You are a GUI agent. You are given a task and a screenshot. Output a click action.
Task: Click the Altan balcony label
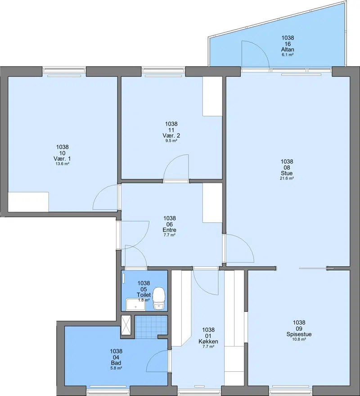[x=288, y=49]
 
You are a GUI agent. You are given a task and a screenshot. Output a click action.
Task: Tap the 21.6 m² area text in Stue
[x=287, y=178]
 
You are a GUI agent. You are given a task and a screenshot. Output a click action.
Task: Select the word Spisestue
[x=299, y=334]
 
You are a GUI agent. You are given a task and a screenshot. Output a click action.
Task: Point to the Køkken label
[x=208, y=342]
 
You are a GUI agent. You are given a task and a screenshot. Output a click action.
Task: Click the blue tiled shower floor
[x=151, y=327]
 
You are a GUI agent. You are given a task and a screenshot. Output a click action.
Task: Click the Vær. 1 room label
[x=62, y=158]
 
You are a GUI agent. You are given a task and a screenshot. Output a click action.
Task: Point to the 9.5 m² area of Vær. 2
[x=171, y=141]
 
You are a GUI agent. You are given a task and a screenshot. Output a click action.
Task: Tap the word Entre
[x=170, y=230]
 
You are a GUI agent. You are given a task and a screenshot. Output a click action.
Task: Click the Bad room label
[x=116, y=363]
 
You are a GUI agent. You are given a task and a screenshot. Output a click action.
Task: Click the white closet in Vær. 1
[x=28, y=202]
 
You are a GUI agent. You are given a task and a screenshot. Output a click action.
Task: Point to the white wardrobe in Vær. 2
[x=212, y=96]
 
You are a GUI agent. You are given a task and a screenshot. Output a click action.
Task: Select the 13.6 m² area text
[x=63, y=164]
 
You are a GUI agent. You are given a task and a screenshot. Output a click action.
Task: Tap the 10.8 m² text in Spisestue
[x=299, y=339]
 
